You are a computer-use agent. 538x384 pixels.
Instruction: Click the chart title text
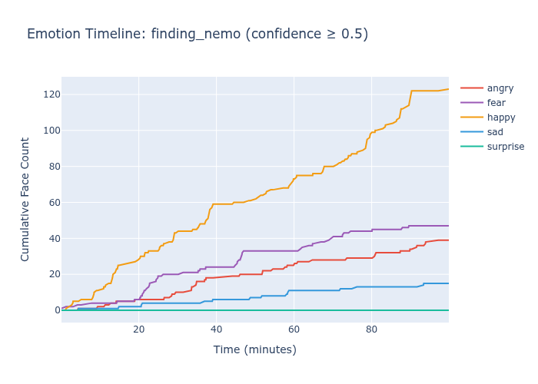click(198, 34)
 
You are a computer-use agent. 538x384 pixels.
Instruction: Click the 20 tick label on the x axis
click(139, 329)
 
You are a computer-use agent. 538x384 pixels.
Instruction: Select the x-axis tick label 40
click(217, 329)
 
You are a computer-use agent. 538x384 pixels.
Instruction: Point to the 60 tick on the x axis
click(294, 329)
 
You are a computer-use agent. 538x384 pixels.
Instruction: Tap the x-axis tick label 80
click(371, 329)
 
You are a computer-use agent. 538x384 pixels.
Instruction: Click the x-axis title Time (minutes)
click(254, 349)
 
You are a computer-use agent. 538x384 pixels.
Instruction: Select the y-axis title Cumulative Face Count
click(25, 199)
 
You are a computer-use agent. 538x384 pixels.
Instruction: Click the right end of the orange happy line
click(448, 89)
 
